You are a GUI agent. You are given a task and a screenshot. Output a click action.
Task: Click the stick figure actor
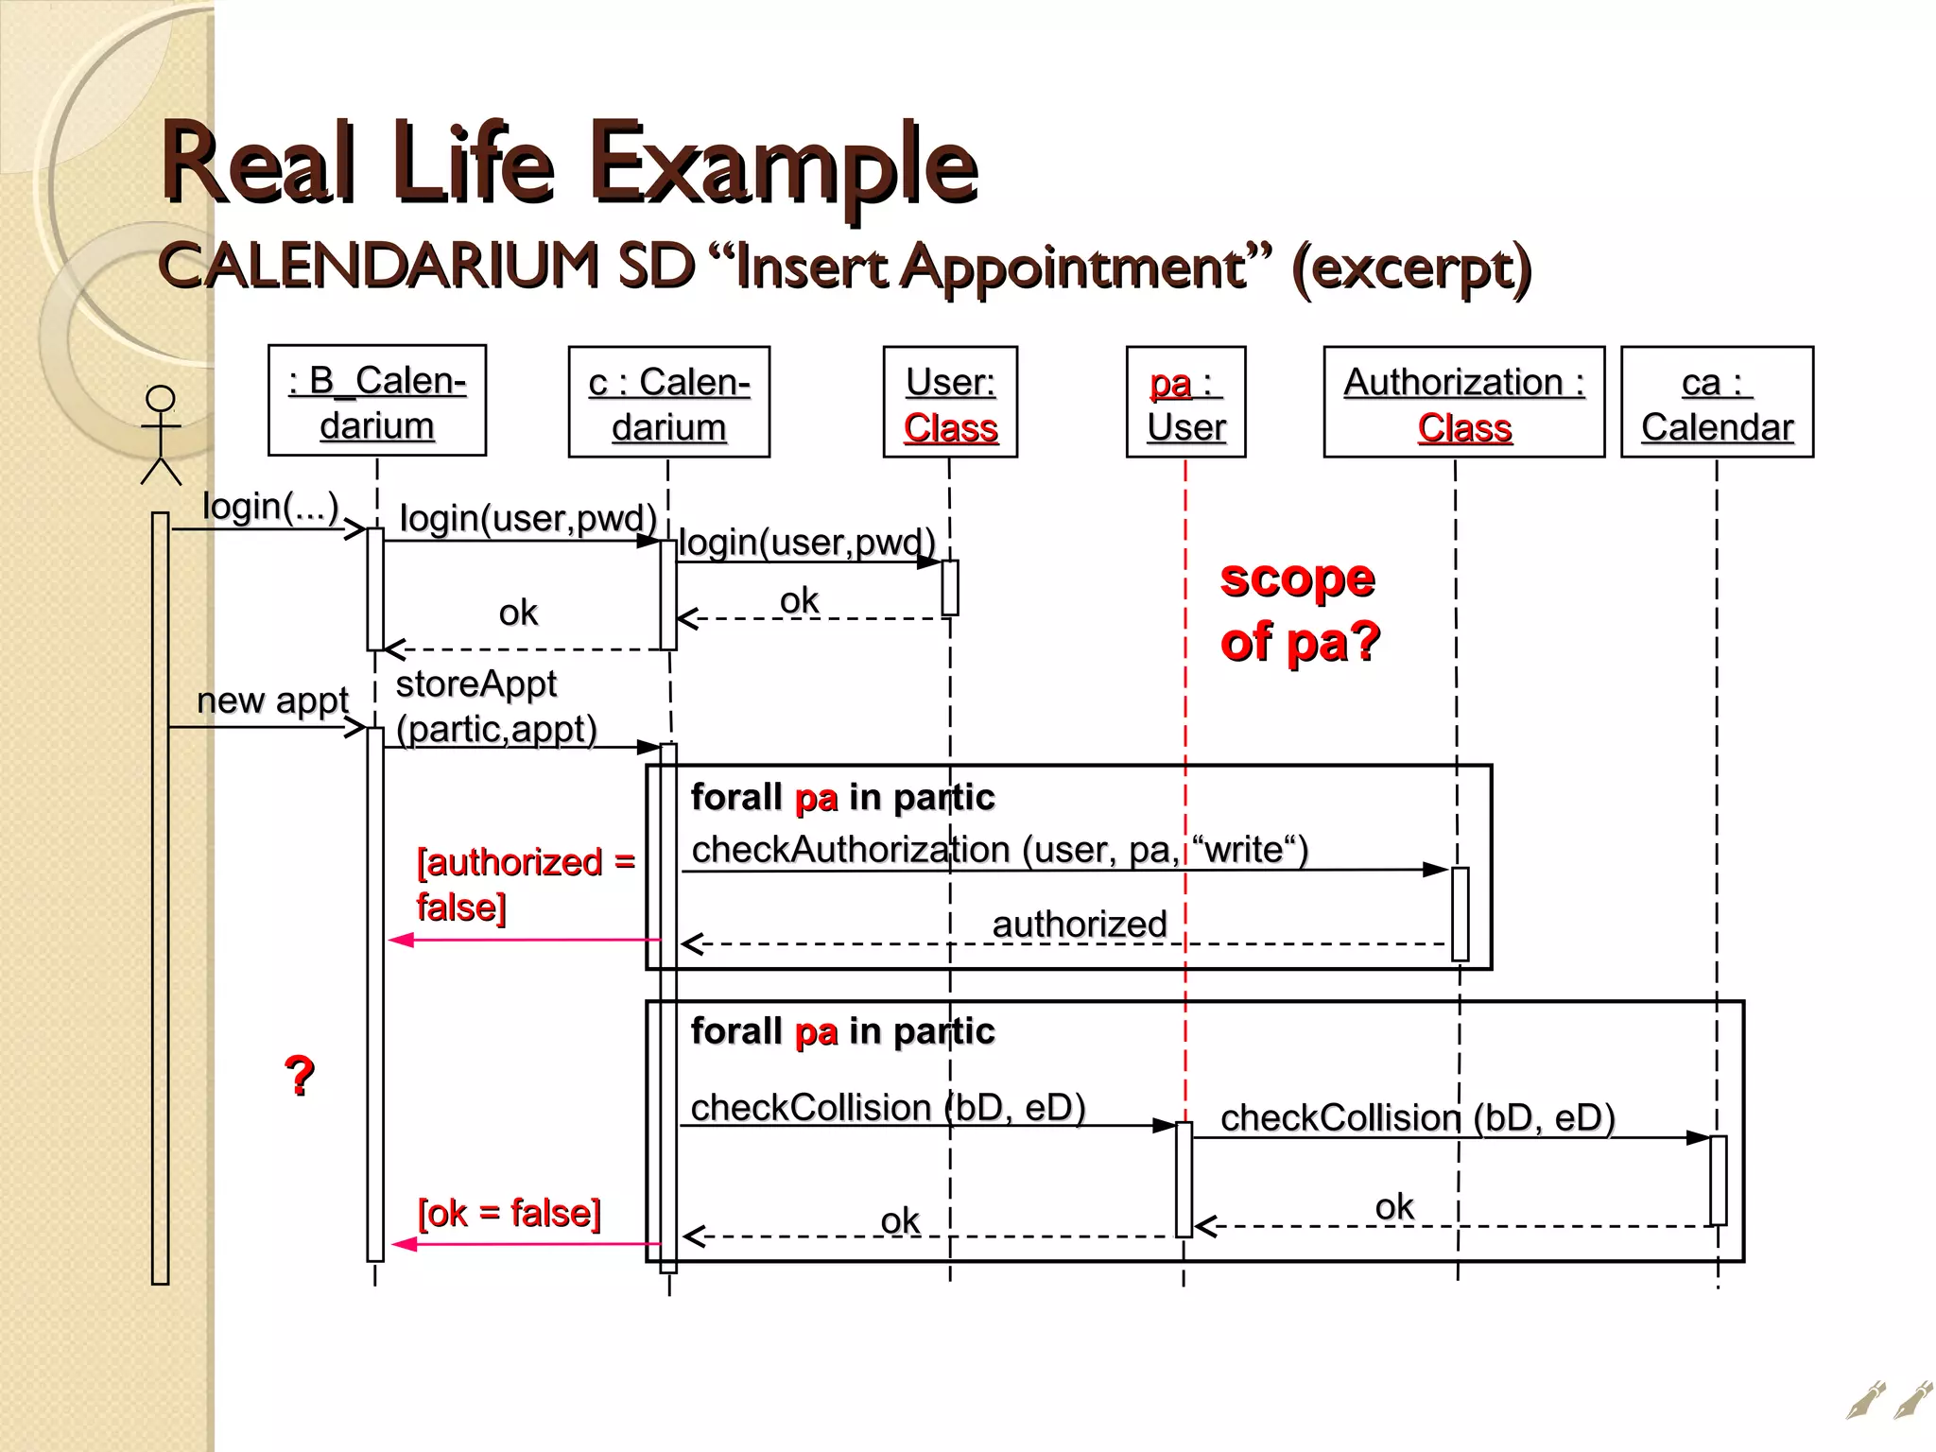[161, 435]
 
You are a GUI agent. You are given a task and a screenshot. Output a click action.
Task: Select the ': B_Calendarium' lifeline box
[376, 401]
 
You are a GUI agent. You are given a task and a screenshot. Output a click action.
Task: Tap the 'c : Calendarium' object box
[668, 403]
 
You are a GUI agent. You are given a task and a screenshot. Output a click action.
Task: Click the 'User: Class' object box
[950, 403]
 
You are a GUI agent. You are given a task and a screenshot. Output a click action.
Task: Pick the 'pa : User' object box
[1185, 403]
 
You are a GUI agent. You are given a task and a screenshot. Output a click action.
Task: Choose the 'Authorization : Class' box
[1463, 403]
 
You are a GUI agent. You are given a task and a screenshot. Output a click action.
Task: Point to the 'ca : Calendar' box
[1717, 403]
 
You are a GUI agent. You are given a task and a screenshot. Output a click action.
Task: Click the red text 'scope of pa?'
[1299, 610]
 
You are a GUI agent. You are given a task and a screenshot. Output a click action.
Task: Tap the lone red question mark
[300, 1076]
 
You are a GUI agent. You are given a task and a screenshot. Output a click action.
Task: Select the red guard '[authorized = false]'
[525, 884]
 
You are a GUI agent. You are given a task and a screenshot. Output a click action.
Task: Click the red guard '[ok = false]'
[509, 1213]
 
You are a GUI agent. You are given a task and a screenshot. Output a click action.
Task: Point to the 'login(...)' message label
[270, 507]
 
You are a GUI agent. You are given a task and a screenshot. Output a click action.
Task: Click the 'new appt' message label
[272, 700]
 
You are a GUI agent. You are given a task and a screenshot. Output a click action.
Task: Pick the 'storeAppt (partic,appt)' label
[495, 706]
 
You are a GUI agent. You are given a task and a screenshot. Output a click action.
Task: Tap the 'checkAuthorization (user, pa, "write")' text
[999, 849]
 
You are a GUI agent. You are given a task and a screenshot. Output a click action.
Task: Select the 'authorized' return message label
[1079, 924]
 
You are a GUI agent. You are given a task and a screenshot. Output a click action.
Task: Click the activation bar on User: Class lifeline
[950, 587]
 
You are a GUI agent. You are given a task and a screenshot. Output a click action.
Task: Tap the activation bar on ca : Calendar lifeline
[1718, 1180]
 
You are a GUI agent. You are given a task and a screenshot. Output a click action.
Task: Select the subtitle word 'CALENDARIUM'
[378, 266]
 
